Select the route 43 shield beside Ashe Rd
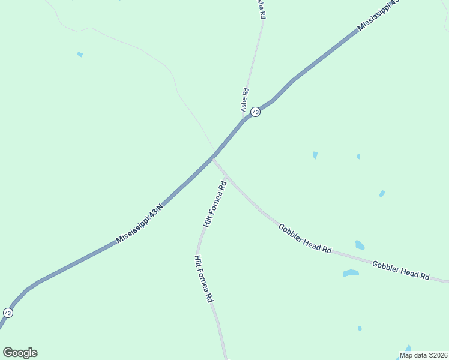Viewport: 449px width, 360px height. tap(255, 112)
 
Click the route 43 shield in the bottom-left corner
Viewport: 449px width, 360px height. tap(8, 313)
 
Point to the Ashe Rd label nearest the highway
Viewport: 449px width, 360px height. tap(244, 100)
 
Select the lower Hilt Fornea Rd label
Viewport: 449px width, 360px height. tap(203, 278)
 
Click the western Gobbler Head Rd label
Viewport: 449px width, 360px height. tap(305, 238)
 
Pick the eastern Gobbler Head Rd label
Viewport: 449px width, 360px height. tap(400, 271)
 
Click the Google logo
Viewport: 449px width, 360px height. tap(20, 353)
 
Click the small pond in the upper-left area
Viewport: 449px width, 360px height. tap(80, 55)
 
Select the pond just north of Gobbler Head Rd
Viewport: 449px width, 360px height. tap(360, 245)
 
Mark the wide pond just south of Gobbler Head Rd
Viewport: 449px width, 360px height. tap(351, 273)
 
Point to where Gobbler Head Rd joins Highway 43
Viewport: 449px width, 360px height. tap(213, 158)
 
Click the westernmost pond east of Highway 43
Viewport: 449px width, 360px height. tap(315, 155)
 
